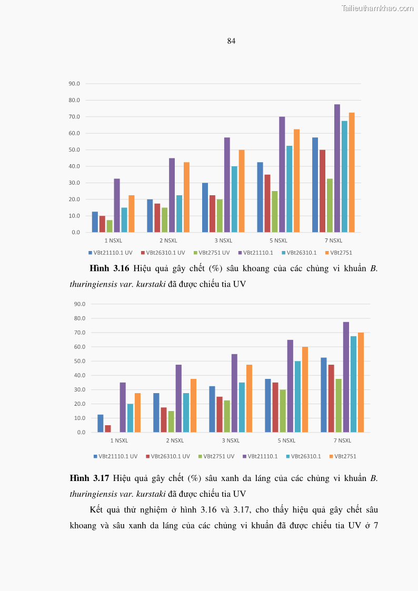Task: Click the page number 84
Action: click(231, 41)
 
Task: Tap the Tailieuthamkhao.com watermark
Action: click(377, 8)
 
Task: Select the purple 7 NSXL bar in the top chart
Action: click(337, 168)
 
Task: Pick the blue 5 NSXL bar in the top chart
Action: click(260, 197)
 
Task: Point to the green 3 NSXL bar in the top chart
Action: click(220, 216)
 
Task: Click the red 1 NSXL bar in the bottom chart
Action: click(108, 429)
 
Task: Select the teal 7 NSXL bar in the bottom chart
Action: click(353, 384)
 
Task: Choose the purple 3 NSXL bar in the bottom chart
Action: click(234, 393)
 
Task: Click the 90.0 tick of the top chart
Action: click(74, 84)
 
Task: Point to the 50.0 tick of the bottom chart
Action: click(81, 361)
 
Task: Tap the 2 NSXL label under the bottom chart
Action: click(175, 440)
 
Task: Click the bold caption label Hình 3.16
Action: click(109, 268)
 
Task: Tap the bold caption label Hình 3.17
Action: click(89, 478)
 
